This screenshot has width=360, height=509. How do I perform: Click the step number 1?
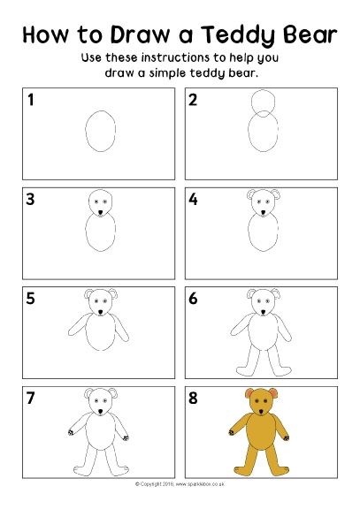[x=31, y=101]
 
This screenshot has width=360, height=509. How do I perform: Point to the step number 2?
[x=194, y=101]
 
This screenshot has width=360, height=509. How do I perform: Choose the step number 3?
[x=31, y=199]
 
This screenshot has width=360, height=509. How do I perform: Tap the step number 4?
[x=194, y=199]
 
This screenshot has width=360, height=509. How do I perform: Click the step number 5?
[x=31, y=299]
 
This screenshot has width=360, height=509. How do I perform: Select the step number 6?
[x=194, y=299]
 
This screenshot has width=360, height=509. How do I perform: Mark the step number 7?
[x=31, y=398]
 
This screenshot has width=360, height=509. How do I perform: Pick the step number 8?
[x=194, y=398]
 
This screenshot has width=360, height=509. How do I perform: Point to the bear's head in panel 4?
[x=263, y=203]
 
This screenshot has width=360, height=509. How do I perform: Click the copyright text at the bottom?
[x=180, y=484]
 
